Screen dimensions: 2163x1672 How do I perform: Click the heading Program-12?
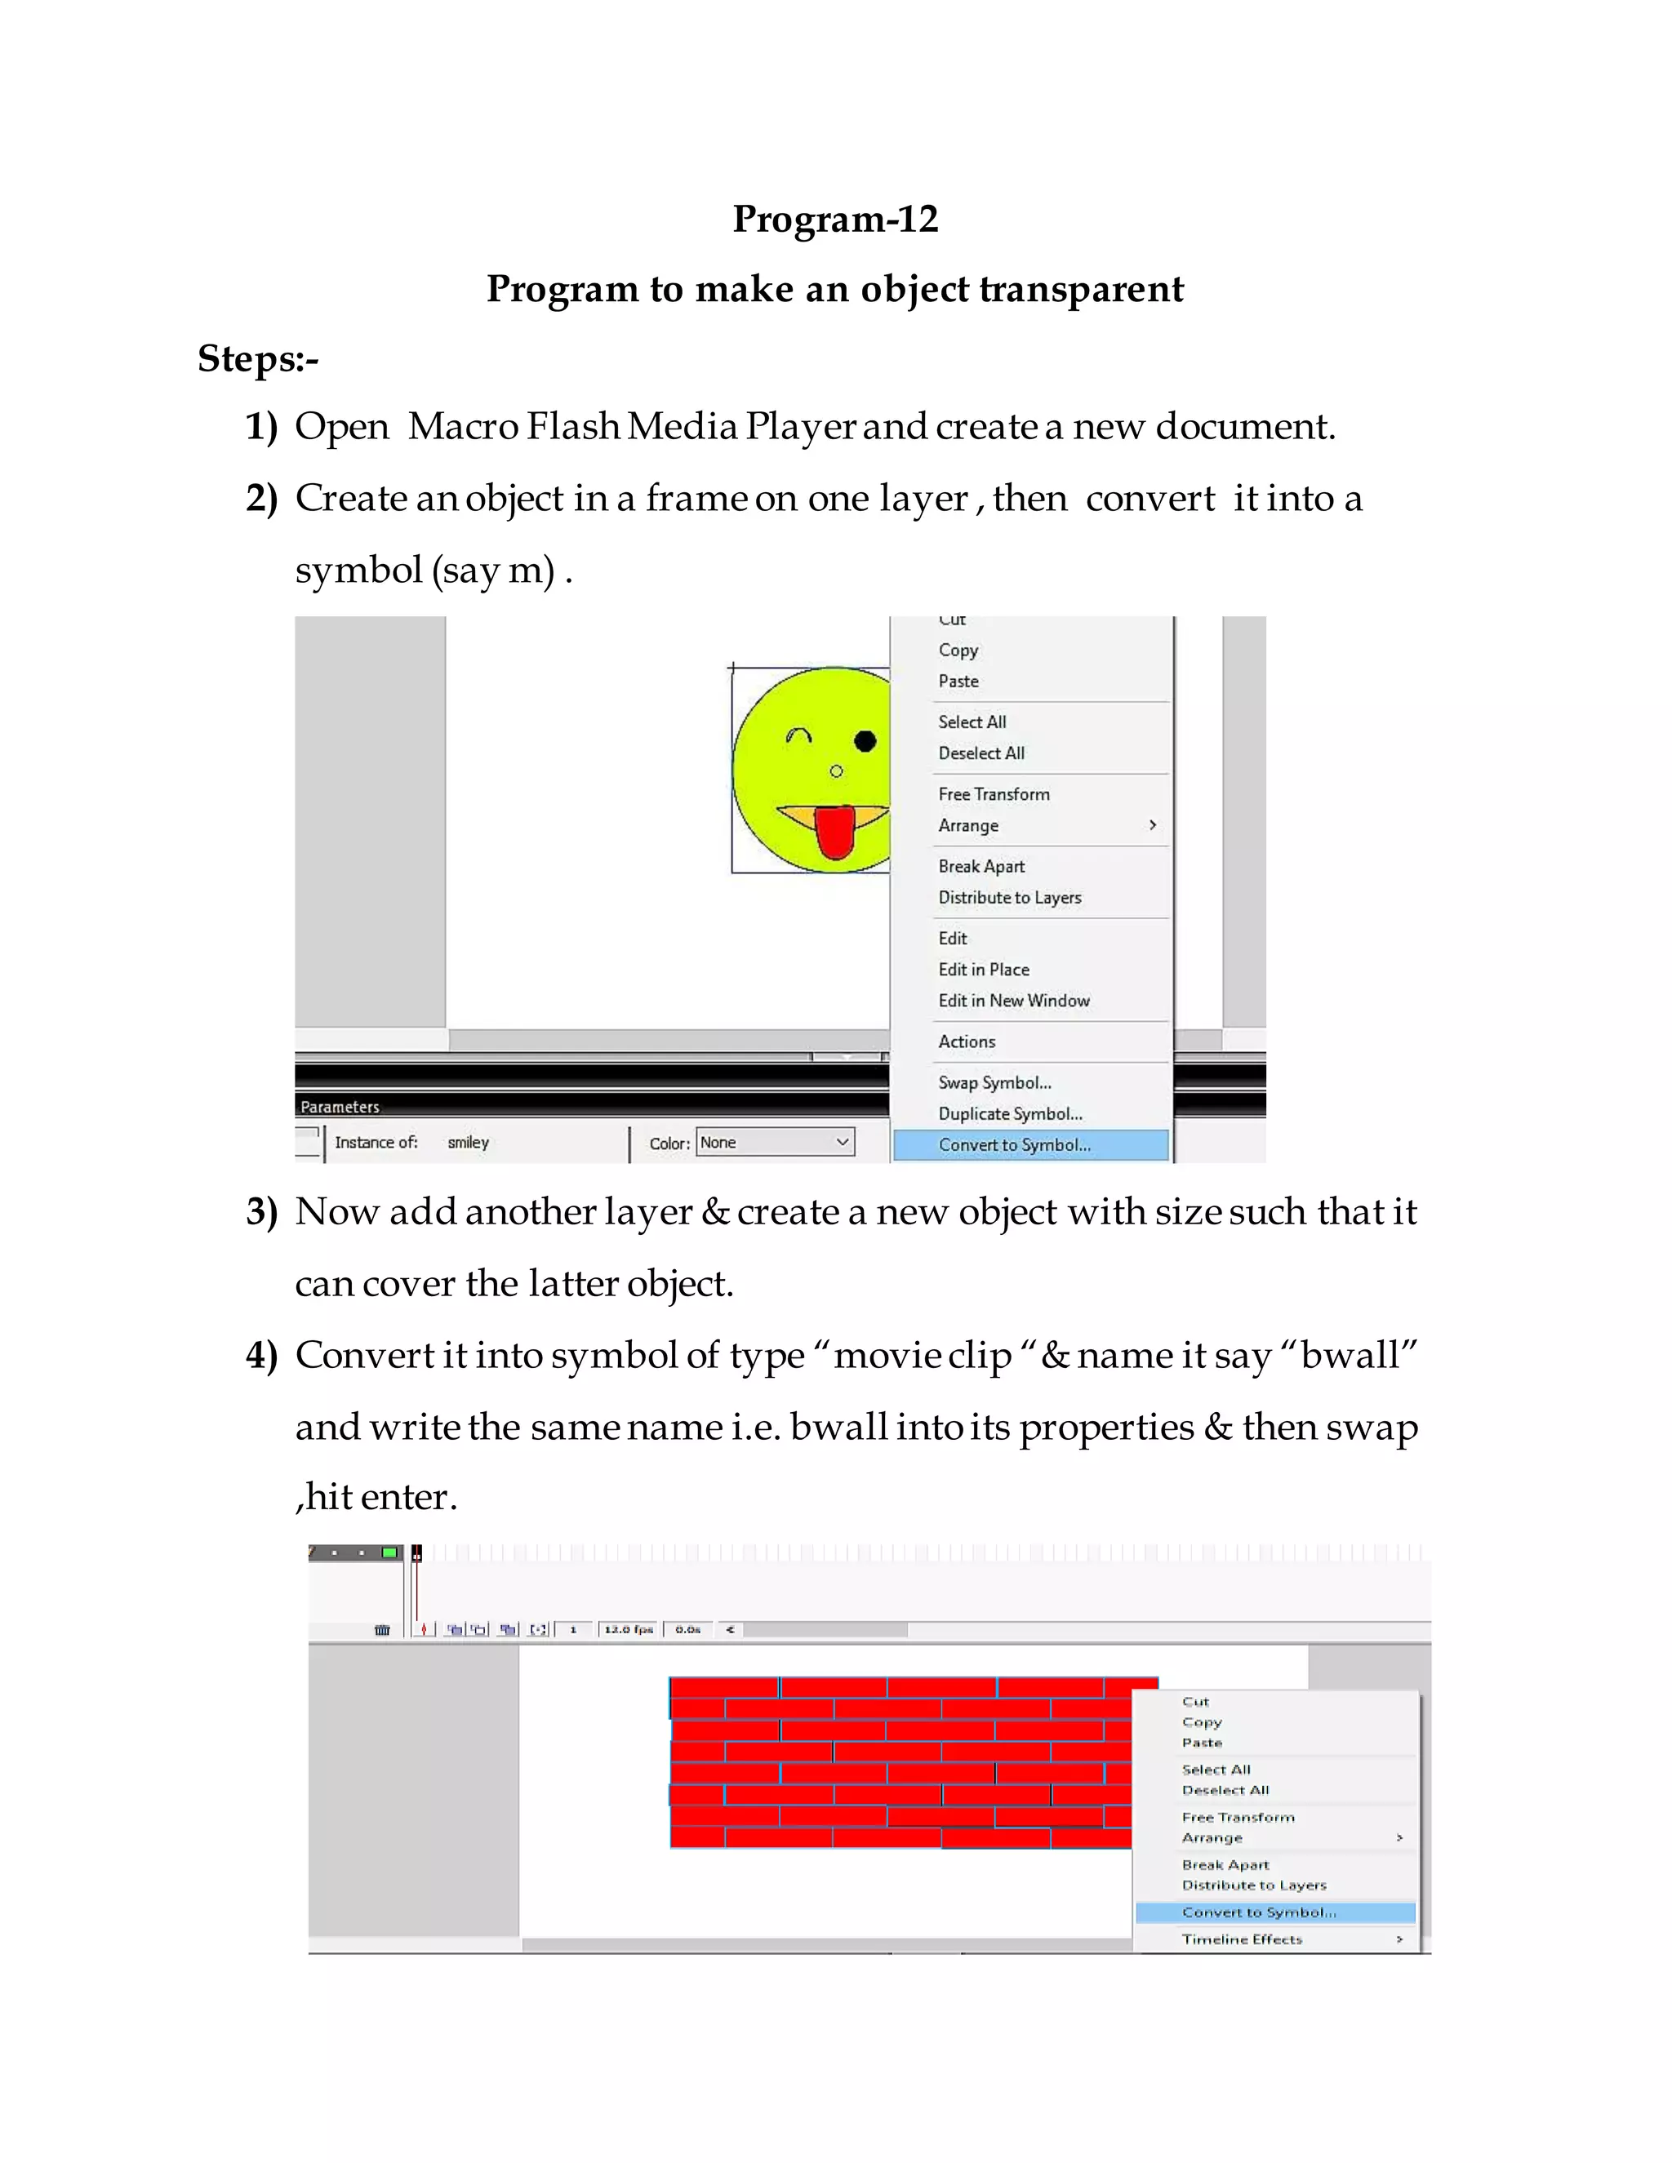point(835,219)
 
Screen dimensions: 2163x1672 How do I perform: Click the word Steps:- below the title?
point(257,358)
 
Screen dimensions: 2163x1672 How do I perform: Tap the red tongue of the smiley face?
point(834,833)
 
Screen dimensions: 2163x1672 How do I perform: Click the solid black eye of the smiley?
point(865,741)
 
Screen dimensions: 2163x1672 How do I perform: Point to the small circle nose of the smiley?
point(836,771)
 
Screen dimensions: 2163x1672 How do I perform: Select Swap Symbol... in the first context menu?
point(994,1082)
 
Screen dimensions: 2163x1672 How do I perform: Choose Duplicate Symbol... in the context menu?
point(1009,1113)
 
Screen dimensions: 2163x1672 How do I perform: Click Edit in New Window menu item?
point(1013,1001)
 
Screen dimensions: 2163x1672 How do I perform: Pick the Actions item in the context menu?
point(967,1042)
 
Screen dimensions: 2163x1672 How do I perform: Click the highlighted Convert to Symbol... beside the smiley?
point(1014,1145)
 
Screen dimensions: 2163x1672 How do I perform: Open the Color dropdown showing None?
point(775,1142)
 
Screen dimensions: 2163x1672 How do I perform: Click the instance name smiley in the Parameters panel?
point(468,1143)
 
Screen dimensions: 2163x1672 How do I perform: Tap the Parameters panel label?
point(340,1106)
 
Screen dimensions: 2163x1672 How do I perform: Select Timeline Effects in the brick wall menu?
point(1241,1939)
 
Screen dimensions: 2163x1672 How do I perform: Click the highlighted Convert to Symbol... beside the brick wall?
point(1258,1912)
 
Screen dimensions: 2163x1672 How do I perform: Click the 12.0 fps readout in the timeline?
point(628,1629)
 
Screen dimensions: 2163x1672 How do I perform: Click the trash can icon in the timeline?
point(382,1629)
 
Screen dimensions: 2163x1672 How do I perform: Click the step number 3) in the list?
point(261,1212)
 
